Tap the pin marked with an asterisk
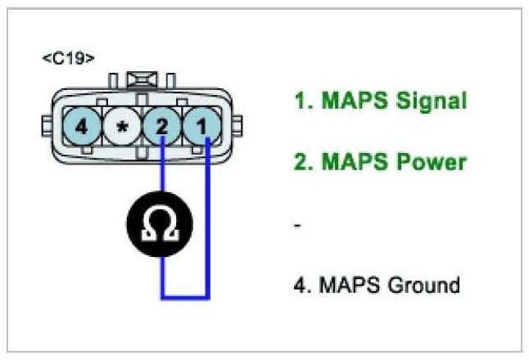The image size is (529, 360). pos(122,128)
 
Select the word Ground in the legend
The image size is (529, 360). pos(423,286)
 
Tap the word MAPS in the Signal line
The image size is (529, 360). pos(342,101)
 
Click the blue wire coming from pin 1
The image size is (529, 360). pos(209,221)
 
